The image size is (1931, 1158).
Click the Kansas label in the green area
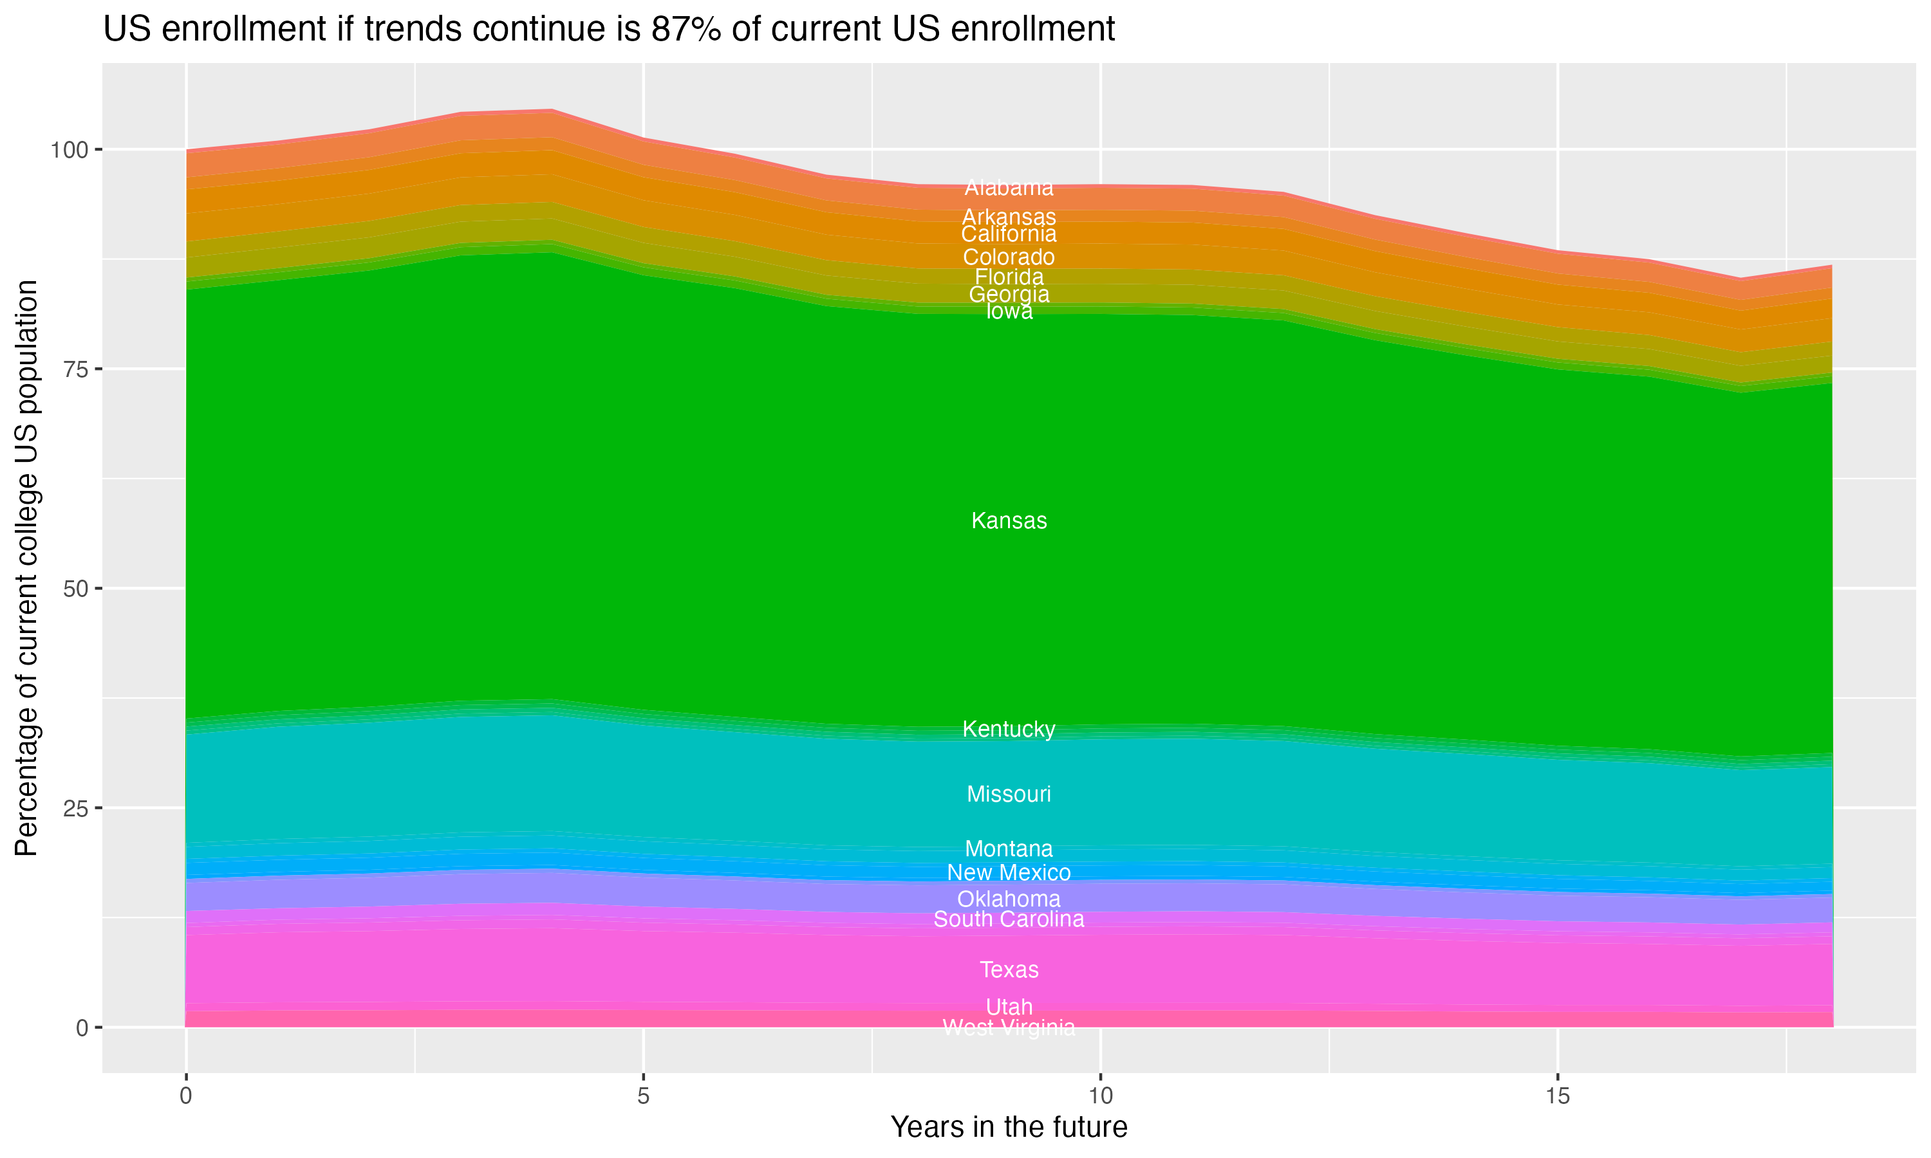(x=1009, y=520)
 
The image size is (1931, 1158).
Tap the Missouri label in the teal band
(x=1009, y=795)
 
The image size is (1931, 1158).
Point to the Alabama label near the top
(x=1009, y=187)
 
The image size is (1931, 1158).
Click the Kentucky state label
(x=1009, y=729)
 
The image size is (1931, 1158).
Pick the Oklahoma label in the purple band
(x=1009, y=898)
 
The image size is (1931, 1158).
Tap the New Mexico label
(x=1009, y=872)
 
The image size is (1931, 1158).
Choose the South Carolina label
(x=1009, y=919)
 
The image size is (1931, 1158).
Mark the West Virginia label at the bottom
(x=1009, y=1027)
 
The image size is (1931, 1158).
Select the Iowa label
(x=1009, y=311)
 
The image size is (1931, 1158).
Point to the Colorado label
(x=1009, y=257)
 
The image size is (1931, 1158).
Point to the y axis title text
(x=26, y=568)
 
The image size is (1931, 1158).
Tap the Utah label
(x=1009, y=1007)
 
